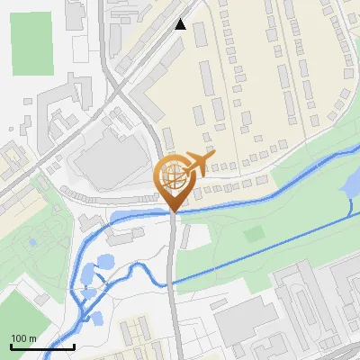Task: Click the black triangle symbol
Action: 181,24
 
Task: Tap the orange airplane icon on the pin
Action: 198,163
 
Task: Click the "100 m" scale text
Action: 22,338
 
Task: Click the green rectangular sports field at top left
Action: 31,42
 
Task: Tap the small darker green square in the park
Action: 255,234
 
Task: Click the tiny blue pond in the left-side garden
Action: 32,242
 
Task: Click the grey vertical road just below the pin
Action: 173,270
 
